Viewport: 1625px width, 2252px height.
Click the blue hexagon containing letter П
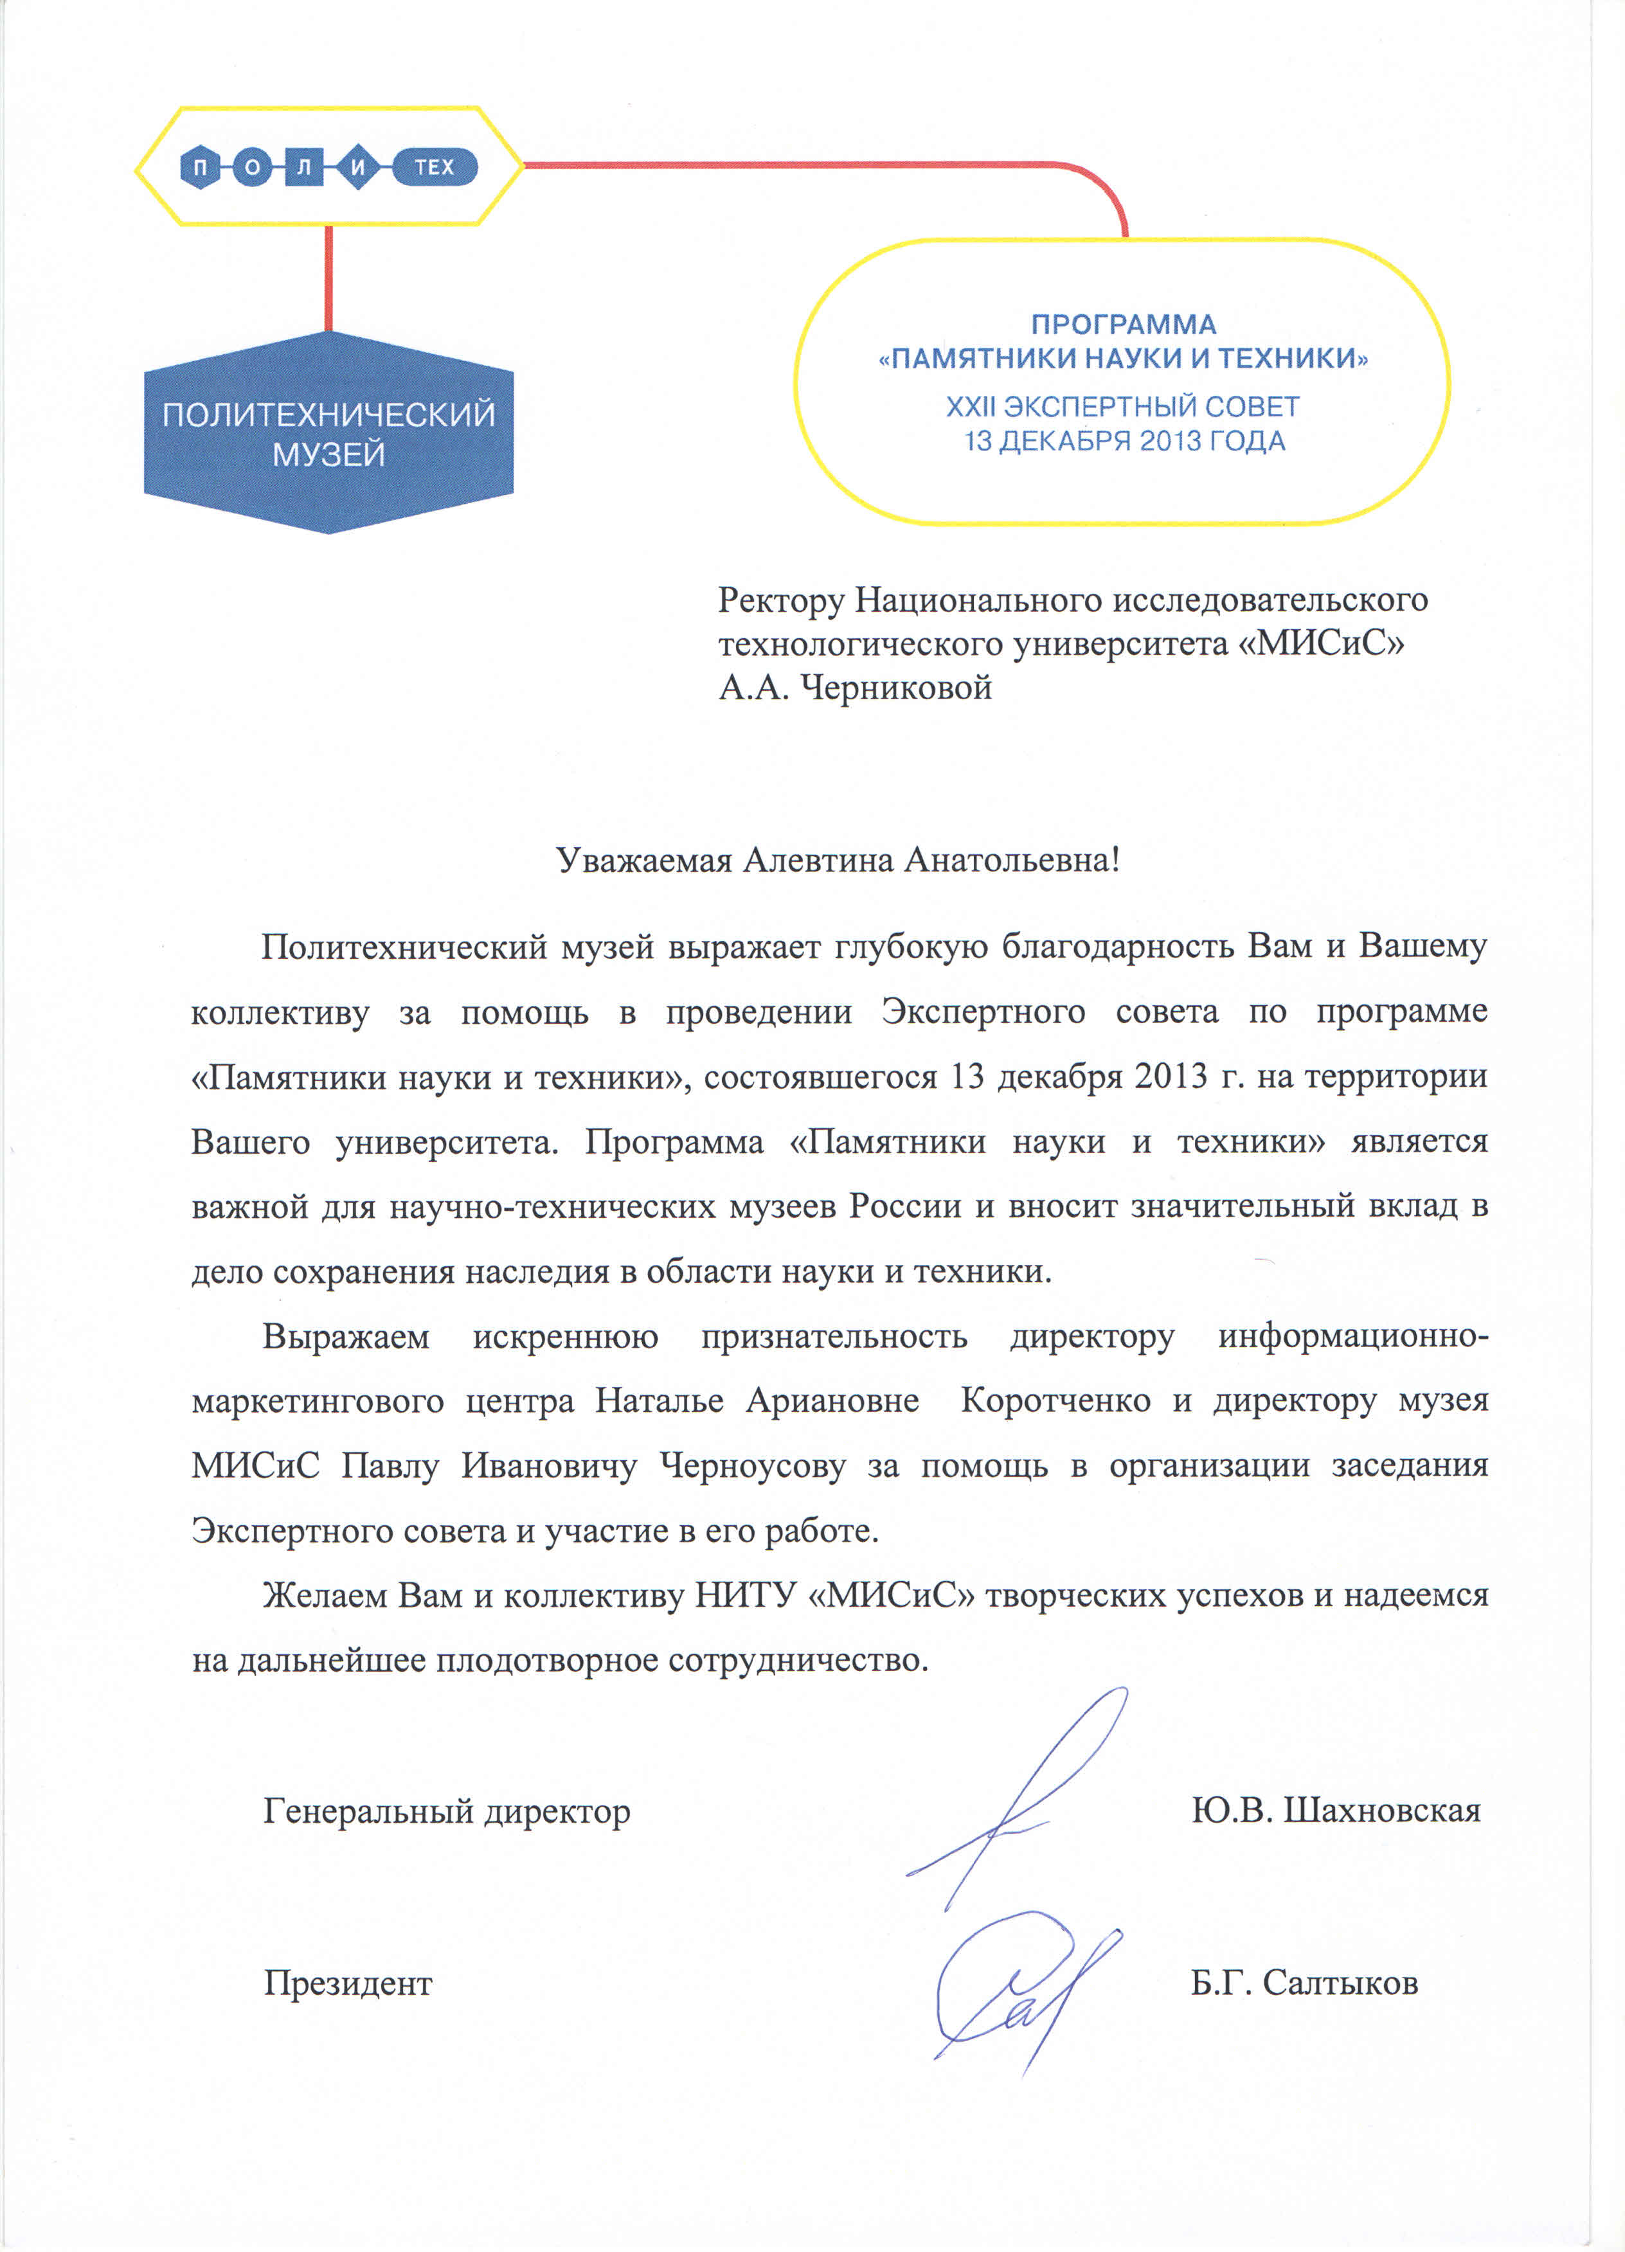pyautogui.click(x=201, y=168)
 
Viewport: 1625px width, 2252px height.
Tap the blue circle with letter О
pyautogui.click(x=252, y=168)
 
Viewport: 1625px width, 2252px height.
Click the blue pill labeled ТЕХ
pyautogui.click(x=434, y=167)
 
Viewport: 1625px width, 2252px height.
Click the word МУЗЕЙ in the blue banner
pyautogui.click(x=328, y=455)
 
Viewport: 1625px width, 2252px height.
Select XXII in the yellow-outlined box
pyautogui.click(x=971, y=407)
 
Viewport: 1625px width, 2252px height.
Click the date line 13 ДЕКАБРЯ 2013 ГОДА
pyautogui.click(x=1124, y=441)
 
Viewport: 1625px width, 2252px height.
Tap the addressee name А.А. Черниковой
pyautogui.click(x=855, y=687)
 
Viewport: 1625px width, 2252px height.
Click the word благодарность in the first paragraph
pyautogui.click(x=1117, y=947)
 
